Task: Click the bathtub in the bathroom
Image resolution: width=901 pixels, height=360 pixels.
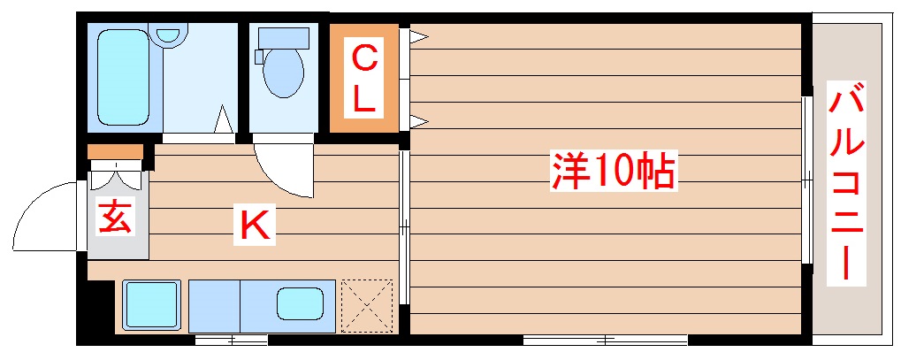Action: [x=123, y=76]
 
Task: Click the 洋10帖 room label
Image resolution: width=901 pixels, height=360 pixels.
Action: [x=614, y=172]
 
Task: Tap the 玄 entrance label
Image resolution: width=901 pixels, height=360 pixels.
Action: [x=117, y=217]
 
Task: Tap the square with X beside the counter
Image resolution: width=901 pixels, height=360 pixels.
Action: [x=366, y=305]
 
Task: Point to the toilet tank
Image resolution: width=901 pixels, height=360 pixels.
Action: [x=283, y=38]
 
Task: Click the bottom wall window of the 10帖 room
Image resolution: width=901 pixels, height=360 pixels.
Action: [x=605, y=340]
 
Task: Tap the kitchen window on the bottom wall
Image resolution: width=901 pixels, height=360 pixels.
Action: [x=231, y=340]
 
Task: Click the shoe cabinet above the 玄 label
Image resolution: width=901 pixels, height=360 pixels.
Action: [x=115, y=152]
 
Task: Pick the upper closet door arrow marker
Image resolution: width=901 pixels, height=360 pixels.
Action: [x=417, y=37]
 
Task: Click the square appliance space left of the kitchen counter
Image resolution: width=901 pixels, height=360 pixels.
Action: [x=150, y=304]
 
